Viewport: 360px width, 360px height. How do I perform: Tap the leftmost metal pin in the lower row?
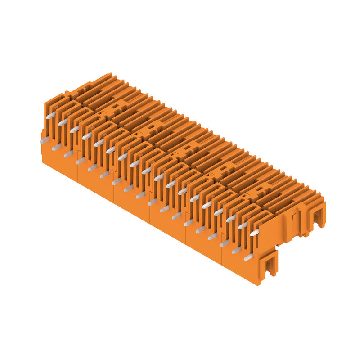pos(44,141)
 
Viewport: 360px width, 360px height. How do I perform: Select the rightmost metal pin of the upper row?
pos(255,233)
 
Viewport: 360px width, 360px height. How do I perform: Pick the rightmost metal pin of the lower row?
pos(248,257)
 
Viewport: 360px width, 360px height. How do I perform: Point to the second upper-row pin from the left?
pos(63,122)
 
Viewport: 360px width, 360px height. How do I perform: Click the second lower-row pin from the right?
pos(236,250)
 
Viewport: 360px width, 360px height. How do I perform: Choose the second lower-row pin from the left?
pos(56,147)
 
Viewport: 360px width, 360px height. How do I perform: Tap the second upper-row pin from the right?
pos(243,225)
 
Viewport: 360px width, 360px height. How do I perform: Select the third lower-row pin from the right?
pos(224,243)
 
